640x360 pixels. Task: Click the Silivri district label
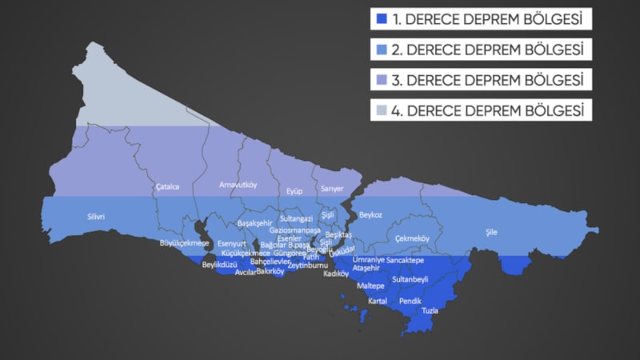96,217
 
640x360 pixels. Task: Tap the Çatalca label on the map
168,187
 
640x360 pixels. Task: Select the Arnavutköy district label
238,185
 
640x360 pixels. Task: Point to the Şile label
491,232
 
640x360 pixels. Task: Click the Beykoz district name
370,215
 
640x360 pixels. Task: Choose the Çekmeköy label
412,239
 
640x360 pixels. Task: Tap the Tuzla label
430,310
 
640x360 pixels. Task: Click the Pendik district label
410,301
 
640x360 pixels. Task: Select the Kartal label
378,302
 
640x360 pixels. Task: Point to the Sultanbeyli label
410,280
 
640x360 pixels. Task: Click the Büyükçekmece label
184,242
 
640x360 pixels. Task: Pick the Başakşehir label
254,223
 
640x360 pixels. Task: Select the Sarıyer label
332,189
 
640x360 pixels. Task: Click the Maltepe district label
370,286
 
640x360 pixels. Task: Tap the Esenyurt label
232,242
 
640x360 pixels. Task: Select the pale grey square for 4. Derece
382,110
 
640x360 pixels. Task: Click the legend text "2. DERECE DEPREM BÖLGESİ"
488,50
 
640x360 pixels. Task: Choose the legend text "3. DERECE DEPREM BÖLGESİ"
488,80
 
